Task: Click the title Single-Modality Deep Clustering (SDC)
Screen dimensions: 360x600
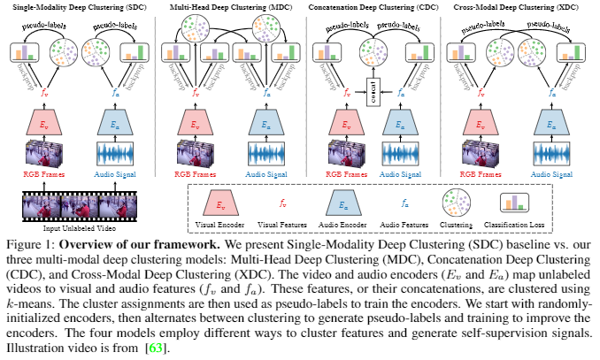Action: point(75,7)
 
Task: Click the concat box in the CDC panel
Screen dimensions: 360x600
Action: point(373,89)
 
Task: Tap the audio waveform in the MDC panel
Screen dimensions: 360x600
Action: point(260,154)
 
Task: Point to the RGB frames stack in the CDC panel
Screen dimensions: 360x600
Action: point(337,153)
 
